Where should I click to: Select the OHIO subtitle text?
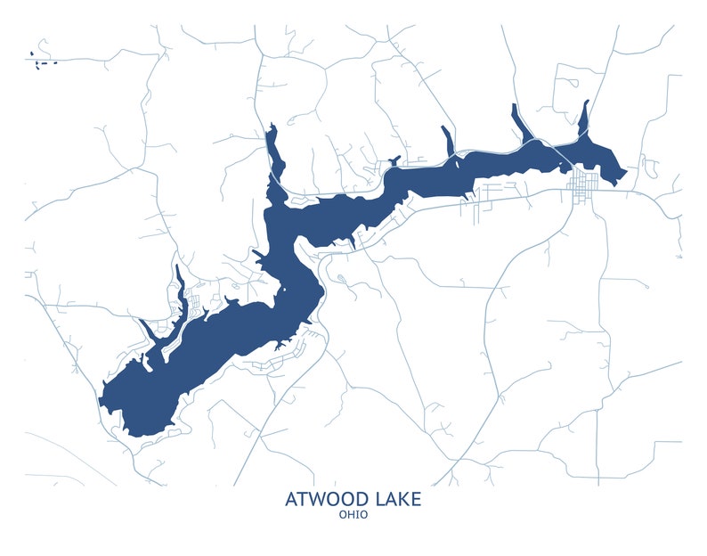353,514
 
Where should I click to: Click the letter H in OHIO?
349,514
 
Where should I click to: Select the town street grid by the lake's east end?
584,188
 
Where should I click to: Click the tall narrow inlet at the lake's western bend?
272,151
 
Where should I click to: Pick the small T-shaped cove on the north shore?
392,162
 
